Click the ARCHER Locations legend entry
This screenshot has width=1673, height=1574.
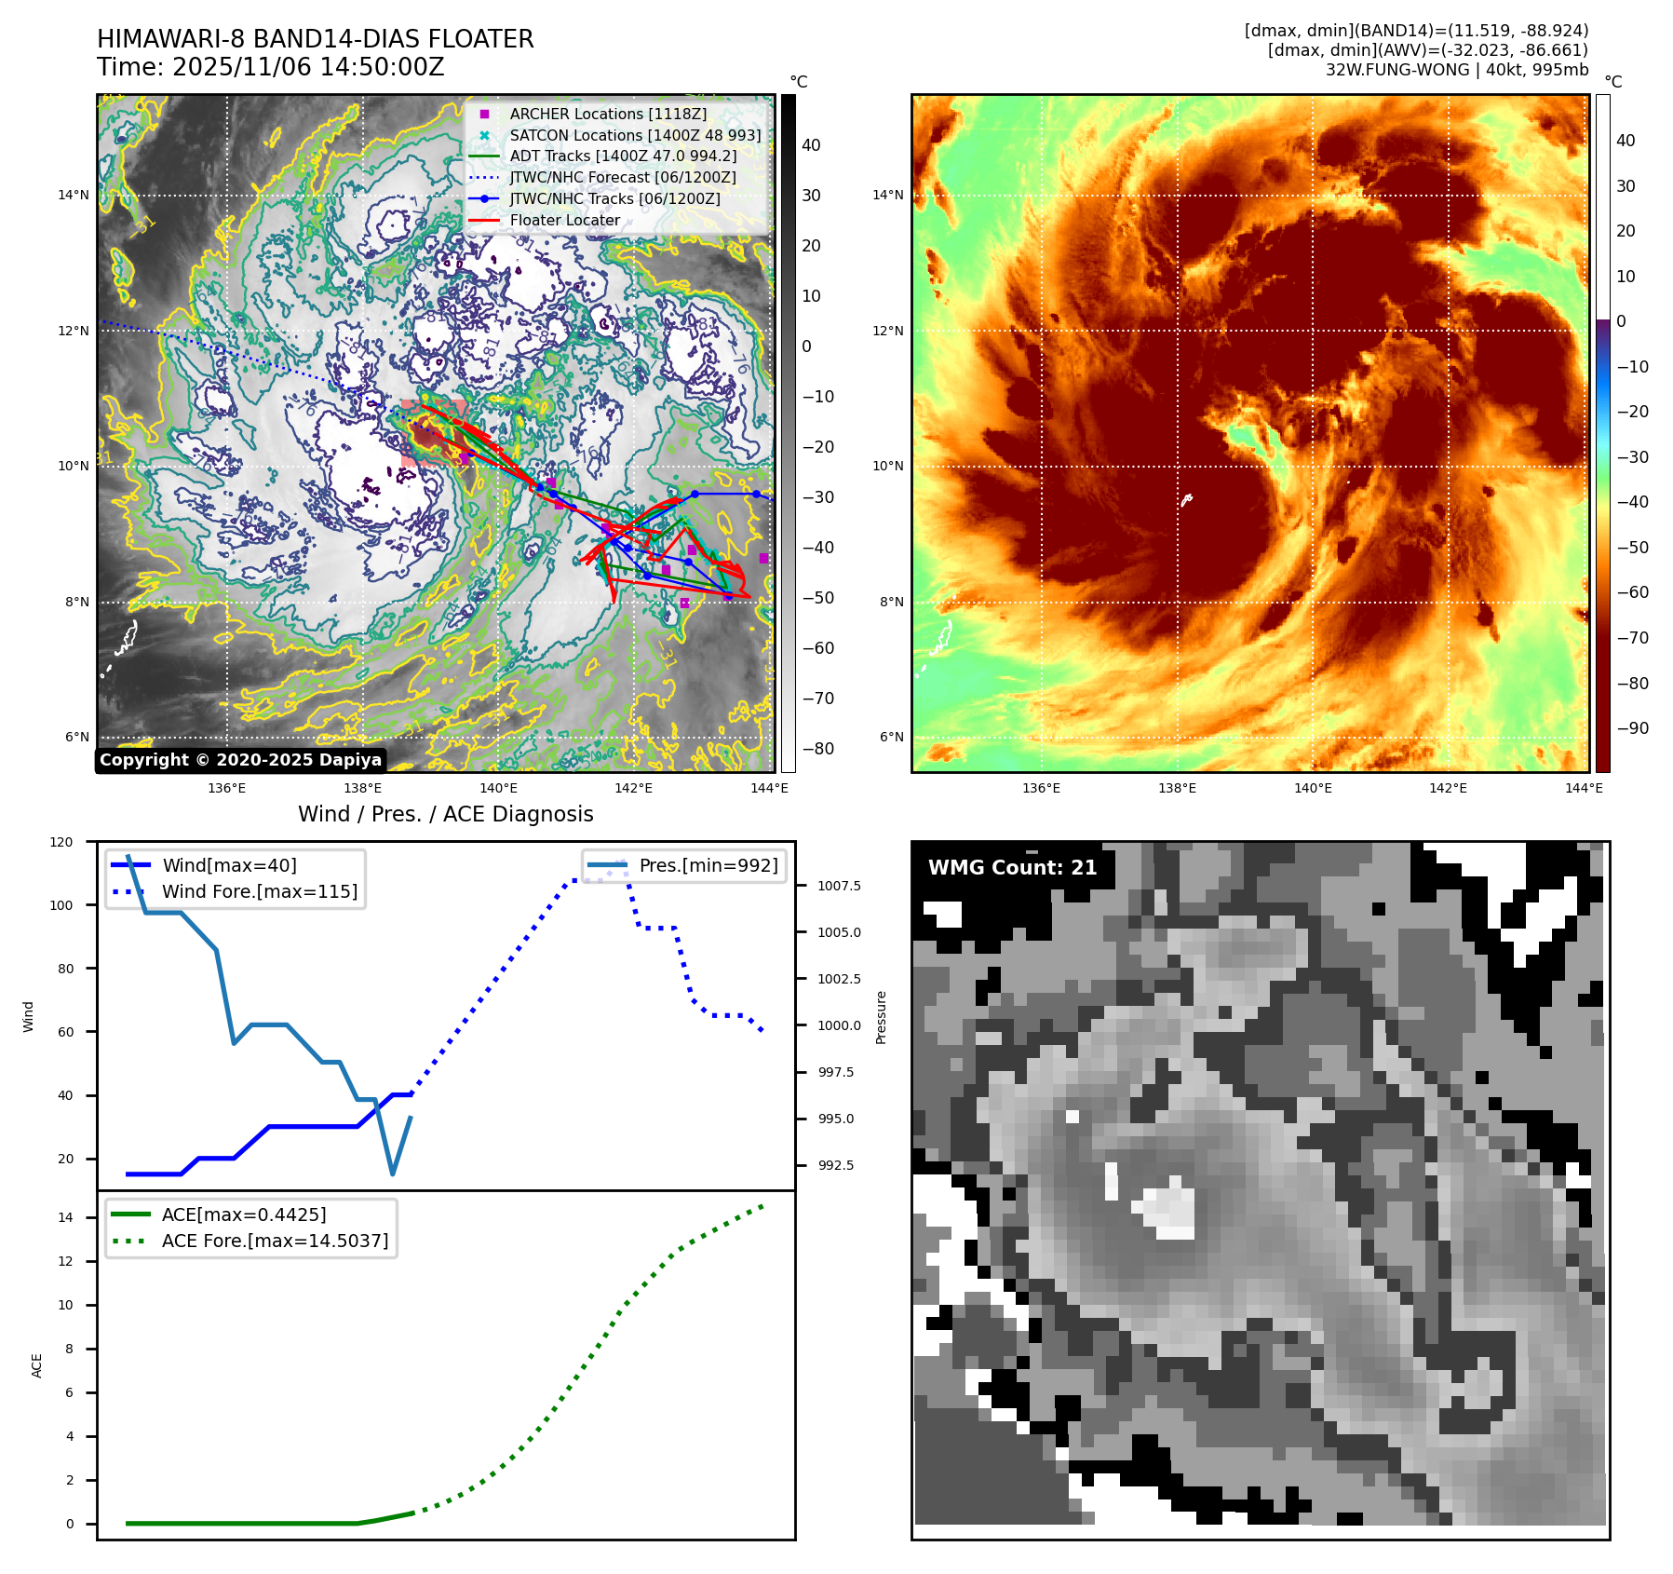608,114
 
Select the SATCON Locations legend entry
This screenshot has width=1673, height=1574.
635,135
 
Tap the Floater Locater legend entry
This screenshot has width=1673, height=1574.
564,221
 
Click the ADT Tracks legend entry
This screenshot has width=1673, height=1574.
623,156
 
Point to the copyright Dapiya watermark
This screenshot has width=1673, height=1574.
240,760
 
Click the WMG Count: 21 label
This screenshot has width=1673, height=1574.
1012,868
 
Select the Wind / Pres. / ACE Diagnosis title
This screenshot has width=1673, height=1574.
445,814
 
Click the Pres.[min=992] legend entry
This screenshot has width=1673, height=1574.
708,865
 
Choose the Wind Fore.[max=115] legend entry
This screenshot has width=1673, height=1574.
259,891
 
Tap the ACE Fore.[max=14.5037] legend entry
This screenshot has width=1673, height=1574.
275,1241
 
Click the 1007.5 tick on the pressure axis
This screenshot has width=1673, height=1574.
839,886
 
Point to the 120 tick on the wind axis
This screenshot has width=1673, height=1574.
61,842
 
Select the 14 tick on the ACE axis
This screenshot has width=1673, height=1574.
65,1217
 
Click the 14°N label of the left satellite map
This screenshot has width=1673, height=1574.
74,196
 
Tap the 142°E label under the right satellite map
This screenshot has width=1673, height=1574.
1448,788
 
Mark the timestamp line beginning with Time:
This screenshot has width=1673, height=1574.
270,67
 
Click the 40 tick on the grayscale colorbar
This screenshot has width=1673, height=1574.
811,145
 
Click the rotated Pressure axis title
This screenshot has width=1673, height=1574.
881,1017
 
